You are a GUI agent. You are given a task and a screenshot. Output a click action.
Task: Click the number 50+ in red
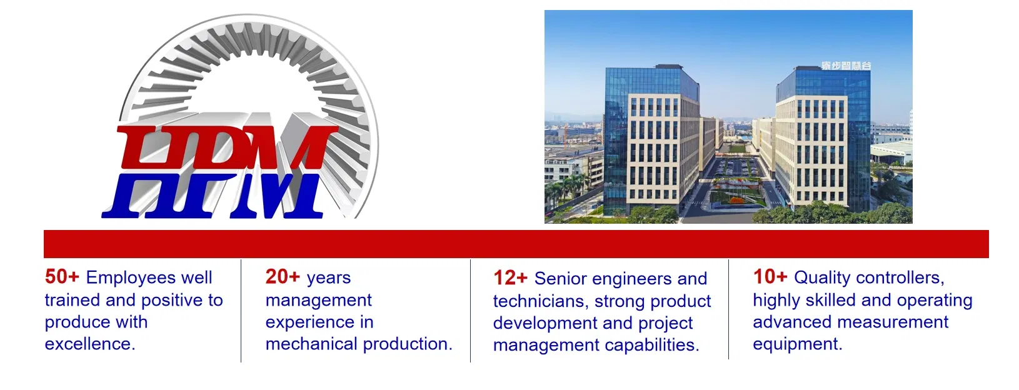[x=62, y=277]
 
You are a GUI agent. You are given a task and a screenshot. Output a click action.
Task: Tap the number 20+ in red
[x=283, y=277]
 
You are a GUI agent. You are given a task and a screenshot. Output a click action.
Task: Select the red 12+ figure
[x=510, y=278]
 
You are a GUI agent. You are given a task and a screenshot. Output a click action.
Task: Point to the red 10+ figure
[x=770, y=277]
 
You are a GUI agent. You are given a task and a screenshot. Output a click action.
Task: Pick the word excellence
[x=89, y=344]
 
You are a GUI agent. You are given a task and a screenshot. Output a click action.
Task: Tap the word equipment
[x=797, y=344]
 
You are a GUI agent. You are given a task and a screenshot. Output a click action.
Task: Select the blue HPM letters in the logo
[x=213, y=196]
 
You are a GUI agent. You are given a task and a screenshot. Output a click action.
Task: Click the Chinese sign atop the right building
[x=846, y=66]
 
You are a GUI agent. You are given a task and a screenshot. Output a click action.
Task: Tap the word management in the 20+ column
[x=318, y=300]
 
